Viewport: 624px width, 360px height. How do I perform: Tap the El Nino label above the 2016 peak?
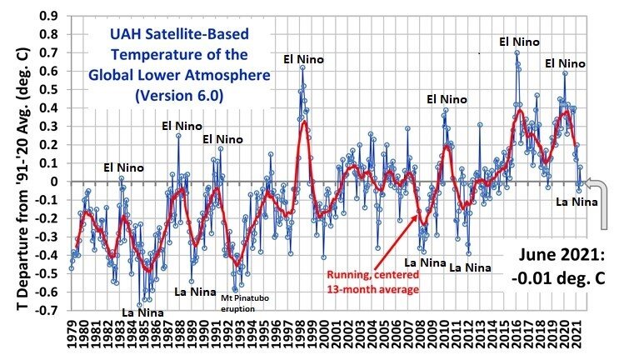tap(520, 40)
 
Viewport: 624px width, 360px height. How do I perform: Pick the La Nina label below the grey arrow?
tap(577, 200)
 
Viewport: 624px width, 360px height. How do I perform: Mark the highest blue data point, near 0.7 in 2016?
tap(517, 52)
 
